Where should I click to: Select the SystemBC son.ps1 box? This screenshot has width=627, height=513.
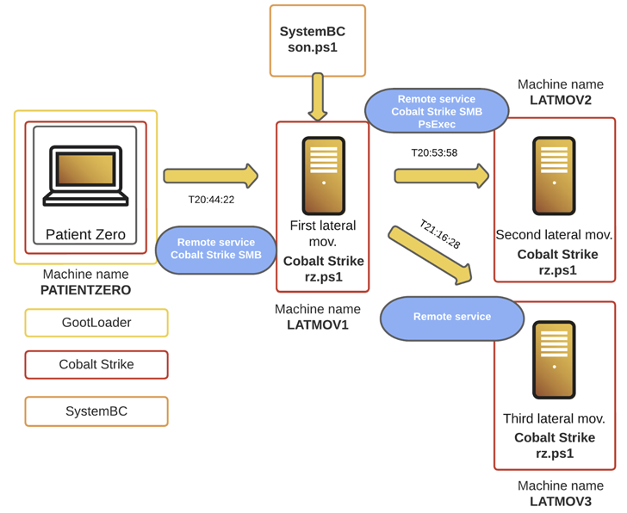click(317, 40)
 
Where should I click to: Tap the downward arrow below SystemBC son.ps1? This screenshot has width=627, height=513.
click(317, 96)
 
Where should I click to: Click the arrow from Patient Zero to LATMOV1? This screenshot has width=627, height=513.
click(210, 176)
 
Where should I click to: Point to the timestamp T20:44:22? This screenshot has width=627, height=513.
click(211, 200)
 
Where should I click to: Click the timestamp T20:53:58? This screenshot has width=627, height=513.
click(434, 152)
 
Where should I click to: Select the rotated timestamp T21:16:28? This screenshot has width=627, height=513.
click(440, 235)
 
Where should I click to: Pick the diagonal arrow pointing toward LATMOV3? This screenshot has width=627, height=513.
click(430, 255)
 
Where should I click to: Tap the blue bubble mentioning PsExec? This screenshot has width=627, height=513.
click(437, 111)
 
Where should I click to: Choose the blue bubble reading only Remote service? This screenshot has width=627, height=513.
click(452, 318)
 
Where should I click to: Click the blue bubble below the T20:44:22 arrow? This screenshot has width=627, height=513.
click(216, 250)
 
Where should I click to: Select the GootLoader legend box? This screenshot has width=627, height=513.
click(96, 323)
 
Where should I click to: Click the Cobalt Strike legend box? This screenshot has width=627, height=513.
click(96, 365)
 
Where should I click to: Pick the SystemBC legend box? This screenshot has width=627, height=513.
click(96, 411)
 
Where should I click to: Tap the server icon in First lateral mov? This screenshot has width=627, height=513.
click(324, 175)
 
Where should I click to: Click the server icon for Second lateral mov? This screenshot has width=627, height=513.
click(554, 176)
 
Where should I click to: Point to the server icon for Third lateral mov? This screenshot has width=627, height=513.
click(554, 359)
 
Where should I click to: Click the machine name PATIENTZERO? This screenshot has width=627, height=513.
click(86, 291)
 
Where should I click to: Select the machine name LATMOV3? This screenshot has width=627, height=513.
click(561, 501)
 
